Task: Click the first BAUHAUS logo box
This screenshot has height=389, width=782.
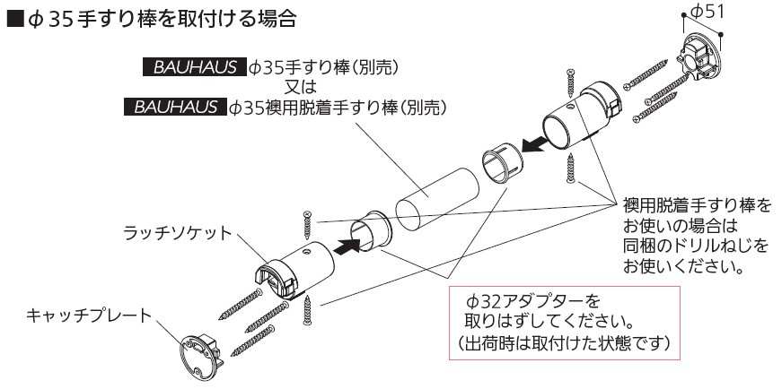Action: (x=194, y=66)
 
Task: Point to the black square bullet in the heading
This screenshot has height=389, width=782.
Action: (x=13, y=17)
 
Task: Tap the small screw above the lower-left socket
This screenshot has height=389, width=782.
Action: (x=307, y=220)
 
